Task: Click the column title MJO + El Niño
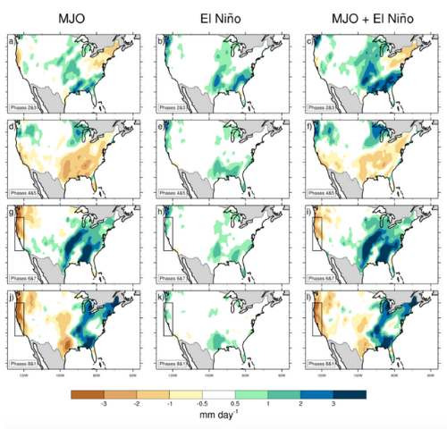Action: (x=368, y=17)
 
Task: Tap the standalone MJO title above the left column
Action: (x=72, y=17)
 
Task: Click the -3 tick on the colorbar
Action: (x=105, y=405)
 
